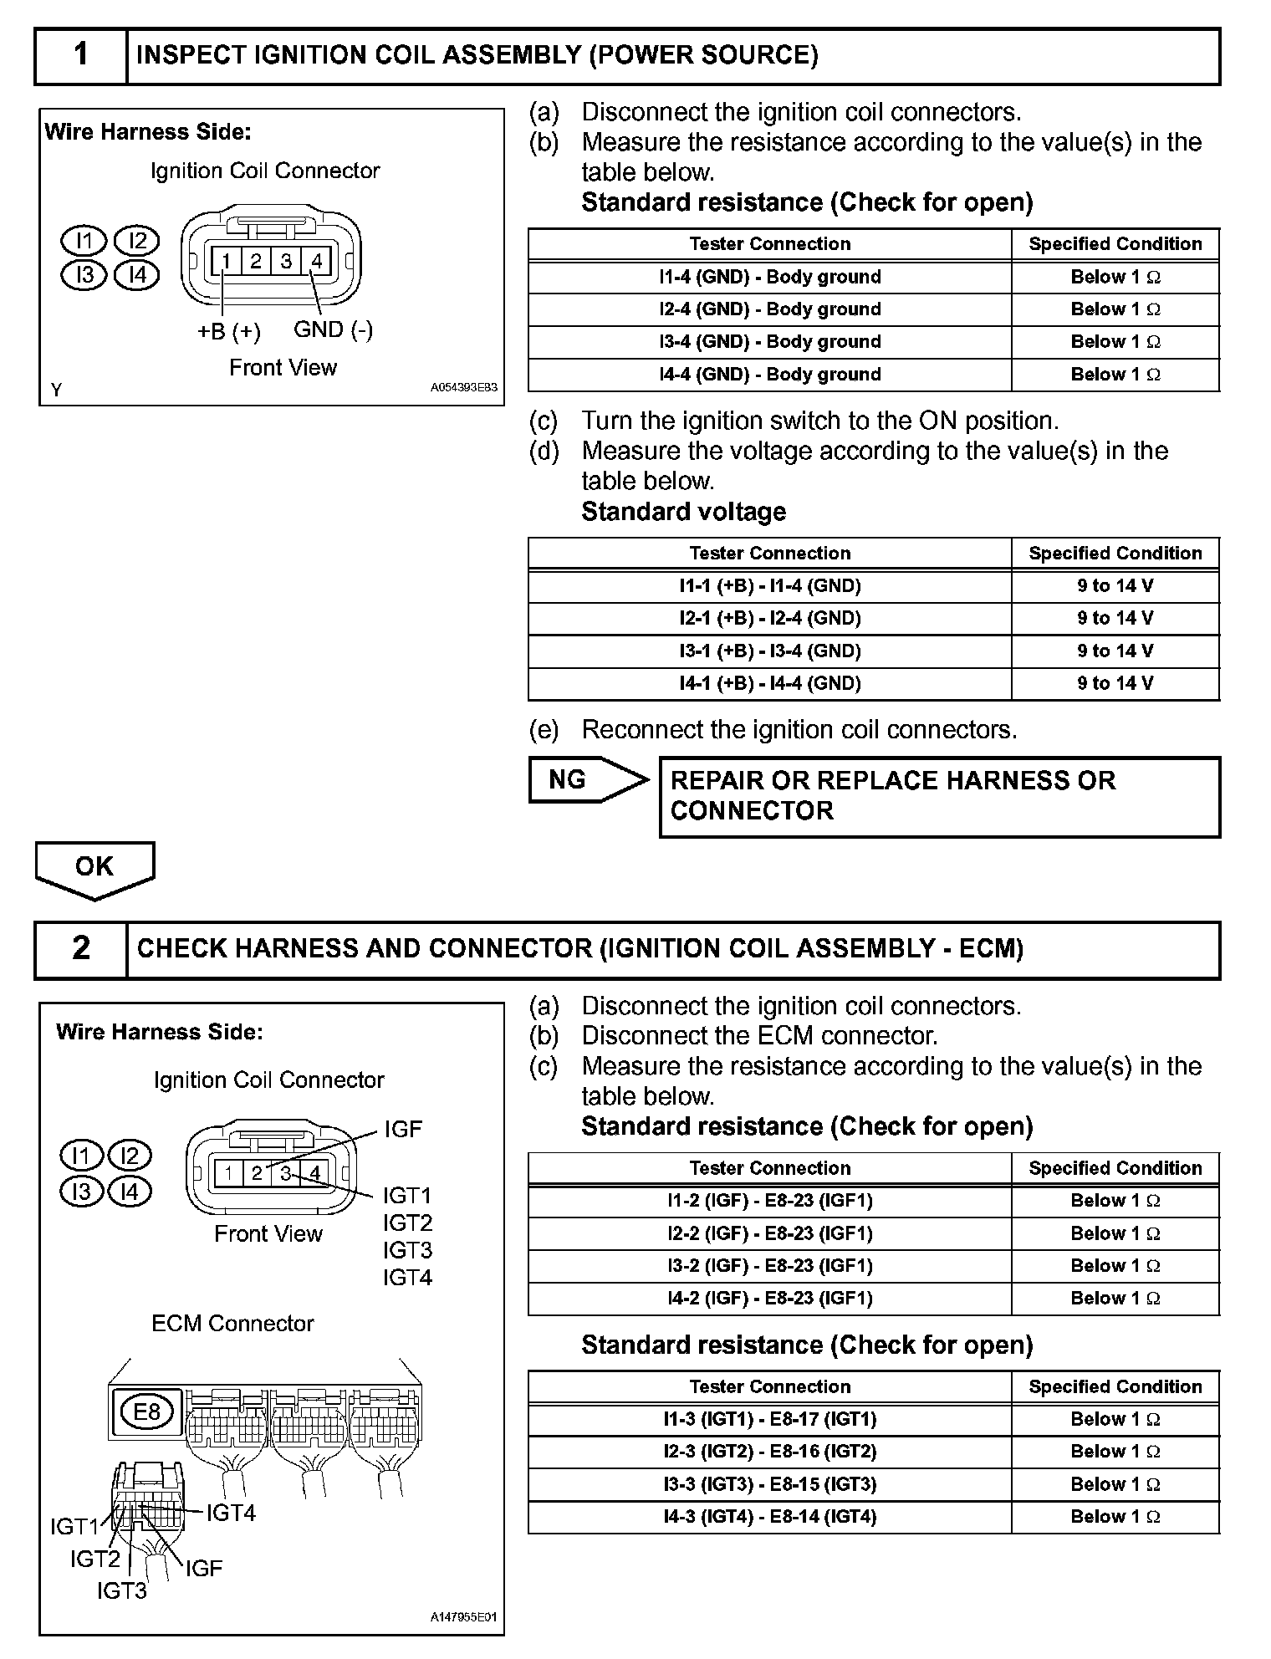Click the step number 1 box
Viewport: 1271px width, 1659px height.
(80, 55)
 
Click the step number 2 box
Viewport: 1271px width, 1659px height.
(80, 948)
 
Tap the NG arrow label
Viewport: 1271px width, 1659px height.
(569, 780)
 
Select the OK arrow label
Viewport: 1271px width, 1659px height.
(94, 866)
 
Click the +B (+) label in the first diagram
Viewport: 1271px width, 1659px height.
(228, 332)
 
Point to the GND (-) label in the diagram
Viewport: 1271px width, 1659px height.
(333, 329)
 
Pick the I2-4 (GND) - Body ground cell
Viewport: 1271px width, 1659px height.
(769, 309)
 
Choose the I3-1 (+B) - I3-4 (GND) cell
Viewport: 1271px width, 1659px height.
(769, 651)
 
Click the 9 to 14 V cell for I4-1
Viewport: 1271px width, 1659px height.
(1115, 684)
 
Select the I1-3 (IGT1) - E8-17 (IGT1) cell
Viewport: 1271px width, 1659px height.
(769, 1419)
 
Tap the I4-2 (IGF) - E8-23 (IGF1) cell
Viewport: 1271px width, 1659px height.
(769, 1299)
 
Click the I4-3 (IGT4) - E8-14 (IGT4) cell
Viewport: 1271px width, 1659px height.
(769, 1517)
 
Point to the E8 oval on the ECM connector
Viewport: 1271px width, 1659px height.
(146, 1412)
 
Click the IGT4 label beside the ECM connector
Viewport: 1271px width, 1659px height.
(231, 1513)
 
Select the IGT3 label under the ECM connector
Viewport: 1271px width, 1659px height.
(122, 1590)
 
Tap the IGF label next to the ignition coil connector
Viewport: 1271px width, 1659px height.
(403, 1130)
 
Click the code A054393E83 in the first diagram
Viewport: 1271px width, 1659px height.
(463, 388)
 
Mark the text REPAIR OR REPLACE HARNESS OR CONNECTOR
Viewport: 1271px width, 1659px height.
(893, 795)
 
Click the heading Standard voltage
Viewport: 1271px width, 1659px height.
(683, 512)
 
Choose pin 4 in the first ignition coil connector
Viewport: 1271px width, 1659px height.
(317, 261)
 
